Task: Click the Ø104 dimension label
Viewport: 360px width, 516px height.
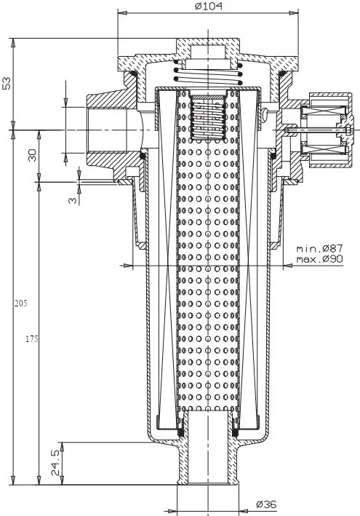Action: point(209,7)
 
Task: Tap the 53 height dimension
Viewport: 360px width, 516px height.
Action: point(7,83)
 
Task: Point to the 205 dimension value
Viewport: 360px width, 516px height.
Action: point(20,303)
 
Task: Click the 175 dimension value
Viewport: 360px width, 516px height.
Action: point(32,339)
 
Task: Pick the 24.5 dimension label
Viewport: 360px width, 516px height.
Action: point(55,463)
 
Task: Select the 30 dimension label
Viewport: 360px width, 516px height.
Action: point(32,155)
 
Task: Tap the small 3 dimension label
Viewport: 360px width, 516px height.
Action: point(73,199)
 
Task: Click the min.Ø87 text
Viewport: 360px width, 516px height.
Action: point(319,248)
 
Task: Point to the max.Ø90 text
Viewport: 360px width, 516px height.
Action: point(319,259)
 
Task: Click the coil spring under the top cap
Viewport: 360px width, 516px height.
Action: point(209,72)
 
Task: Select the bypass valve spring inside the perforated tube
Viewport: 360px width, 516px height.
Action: point(208,119)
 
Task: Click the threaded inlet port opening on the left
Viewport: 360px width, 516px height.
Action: point(107,130)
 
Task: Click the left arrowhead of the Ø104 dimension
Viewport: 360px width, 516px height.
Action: point(122,13)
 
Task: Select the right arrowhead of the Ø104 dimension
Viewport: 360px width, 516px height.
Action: point(294,13)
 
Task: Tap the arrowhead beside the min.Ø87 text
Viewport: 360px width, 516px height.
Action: point(288,265)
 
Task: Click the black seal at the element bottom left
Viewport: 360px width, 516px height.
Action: point(180,432)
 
